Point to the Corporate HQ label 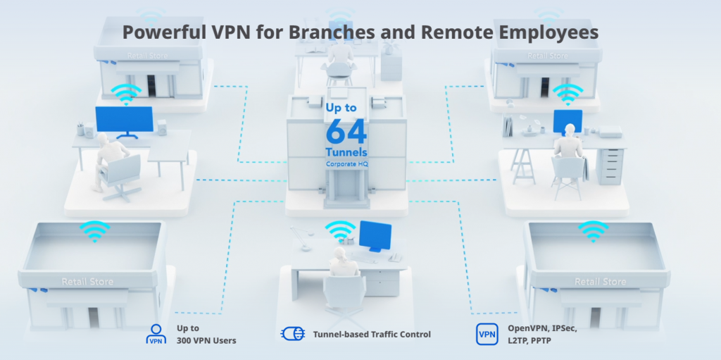coord(346,164)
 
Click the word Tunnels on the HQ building coord(346,151)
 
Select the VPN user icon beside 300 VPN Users coord(156,334)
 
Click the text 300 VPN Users coord(206,340)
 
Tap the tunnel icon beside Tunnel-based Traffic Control coord(292,334)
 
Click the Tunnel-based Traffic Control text coord(371,334)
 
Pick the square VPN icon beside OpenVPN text coord(487,334)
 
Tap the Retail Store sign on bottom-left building coord(88,282)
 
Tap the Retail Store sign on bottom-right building coord(601,282)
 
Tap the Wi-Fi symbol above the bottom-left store coord(94,230)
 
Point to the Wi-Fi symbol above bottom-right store coord(592,230)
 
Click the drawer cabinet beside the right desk coord(610,165)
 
